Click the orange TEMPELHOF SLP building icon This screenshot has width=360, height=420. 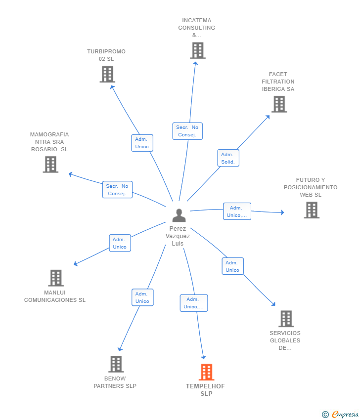click(206, 372)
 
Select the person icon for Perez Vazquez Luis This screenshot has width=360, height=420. click(179, 215)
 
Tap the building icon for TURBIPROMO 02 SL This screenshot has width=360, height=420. click(107, 74)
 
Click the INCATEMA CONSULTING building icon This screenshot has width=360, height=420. click(198, 50)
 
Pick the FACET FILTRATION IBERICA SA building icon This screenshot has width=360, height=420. click(279, 104)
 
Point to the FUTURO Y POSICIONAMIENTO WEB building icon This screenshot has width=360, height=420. click(312, 210)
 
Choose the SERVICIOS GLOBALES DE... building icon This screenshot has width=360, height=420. click(286, 319)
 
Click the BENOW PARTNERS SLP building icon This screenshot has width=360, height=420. click(116, 364)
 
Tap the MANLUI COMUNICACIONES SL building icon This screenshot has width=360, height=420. click(56, 278)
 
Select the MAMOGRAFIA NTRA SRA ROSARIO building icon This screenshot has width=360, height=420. click(50, 164)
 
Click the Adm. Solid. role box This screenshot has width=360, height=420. click(228, 158)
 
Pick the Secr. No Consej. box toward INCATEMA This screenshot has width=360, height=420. click(187, 131)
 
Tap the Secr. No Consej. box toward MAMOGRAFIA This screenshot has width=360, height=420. click(117, 190)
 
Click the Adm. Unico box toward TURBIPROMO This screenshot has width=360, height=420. click(142, 143)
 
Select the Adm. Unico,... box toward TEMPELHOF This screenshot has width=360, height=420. click(194, 303)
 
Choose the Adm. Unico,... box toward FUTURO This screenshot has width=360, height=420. click(237, 211)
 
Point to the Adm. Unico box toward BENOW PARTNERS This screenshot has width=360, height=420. click(142, 297)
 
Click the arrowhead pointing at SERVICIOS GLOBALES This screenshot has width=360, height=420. click(273, 304)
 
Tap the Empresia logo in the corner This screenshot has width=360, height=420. click(340, 415)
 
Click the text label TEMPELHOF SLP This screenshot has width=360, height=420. click(206, 390)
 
